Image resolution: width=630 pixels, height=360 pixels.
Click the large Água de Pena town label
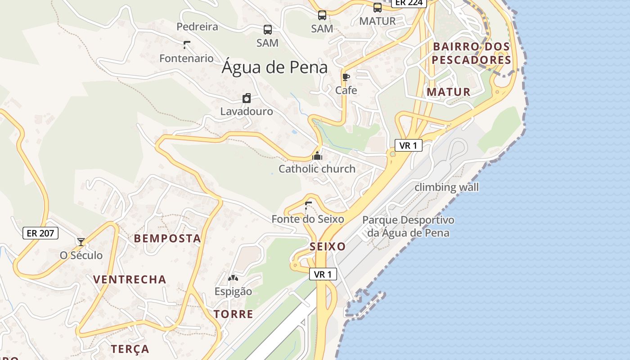(274, 67)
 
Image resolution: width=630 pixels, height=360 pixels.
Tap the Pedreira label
(197, 27)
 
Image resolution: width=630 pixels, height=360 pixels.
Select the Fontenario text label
(186, 58)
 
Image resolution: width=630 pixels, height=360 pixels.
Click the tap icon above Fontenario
(186, 45)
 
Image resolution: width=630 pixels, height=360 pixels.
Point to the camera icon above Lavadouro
(247, 98)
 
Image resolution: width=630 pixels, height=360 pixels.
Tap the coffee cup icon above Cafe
(346, 77)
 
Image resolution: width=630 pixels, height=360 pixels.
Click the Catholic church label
(317, 169)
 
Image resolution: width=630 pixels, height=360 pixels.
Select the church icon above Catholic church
(317, 156)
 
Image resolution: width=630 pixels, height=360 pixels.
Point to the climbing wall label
(446, 187)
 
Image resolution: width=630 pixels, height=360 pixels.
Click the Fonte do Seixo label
(307, 219)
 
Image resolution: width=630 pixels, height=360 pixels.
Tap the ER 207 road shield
(40, 233)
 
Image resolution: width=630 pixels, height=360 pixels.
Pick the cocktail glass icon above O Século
(81, 242)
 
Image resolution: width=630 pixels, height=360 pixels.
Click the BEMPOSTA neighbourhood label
(167, 238)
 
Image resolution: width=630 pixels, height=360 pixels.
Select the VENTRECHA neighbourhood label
(130, 279)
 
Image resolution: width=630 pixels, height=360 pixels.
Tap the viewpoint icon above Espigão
(233, 278)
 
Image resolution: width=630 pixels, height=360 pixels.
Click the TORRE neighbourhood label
(233, 314)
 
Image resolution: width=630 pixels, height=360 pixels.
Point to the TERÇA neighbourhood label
(130, 349)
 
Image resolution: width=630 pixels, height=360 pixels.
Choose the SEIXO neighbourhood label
(328, 247)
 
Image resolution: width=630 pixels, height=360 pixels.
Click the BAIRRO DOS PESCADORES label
(471, 53)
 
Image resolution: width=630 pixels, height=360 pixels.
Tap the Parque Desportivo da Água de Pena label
(408, 226)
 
